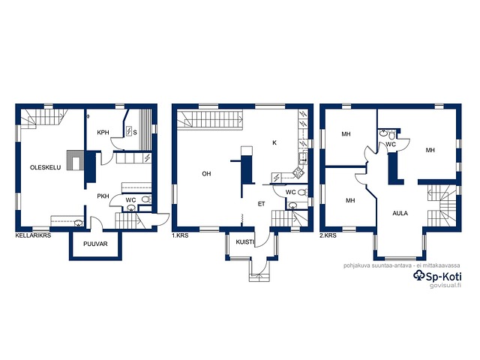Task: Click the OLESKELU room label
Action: tap(45, 167)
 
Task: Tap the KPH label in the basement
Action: tap(103, 133)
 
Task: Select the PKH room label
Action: tap(103, 196)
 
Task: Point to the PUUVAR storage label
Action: tap(95, 244)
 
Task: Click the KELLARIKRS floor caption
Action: tap(33, 235)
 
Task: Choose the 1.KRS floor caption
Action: tap(180, 235)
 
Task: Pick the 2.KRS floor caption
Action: tap(328, 235)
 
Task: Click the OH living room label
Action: tap(206, 173)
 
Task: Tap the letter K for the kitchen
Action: tap(274, 142)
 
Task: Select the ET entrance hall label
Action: tap(261, 204)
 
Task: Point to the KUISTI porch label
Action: tap(245, 242)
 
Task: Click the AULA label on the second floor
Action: tap(400, 213)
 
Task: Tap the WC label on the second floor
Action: tap(391, 144)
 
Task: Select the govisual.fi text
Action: tap(445, 286)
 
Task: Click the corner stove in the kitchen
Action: tap(298, 173)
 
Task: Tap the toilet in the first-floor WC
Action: tap(302, 192)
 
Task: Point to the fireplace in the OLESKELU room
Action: tap(75, 161)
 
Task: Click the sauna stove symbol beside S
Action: tap(129, 131)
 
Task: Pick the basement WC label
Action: tap(130, 200)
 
